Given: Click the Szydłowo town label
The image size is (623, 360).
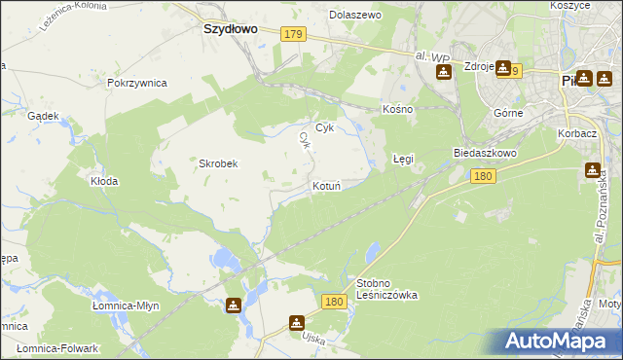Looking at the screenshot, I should click(x=230, y=29).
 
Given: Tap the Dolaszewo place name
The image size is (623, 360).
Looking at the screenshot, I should click(x=355, y=16).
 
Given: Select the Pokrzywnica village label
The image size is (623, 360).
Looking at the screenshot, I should click(x=137, y=84).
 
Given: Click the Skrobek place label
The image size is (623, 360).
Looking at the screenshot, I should click(x=219, y=163).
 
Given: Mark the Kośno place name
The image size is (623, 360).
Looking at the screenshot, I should click(x=398, y=109).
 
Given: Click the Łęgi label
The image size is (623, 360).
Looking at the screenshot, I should click(x=403, y=158).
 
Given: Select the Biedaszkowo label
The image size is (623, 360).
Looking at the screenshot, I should click(x=485, y=154).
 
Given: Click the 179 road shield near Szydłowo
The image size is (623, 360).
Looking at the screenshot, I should click(x=294, y=34).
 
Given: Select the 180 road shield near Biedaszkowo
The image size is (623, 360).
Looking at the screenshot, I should click(x=484, y=176).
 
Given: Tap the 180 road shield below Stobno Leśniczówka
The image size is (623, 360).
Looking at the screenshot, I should click(x=333, y=303).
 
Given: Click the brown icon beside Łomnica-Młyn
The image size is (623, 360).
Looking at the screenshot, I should click(x=234, y=306).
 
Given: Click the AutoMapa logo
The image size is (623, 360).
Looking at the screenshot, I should click(x=560, y=341).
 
